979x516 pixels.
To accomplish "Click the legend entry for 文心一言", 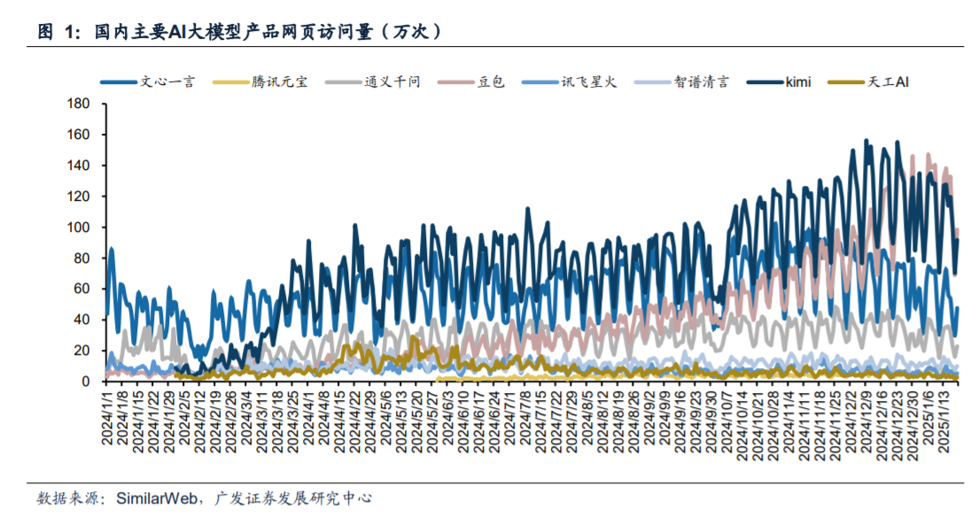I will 167,82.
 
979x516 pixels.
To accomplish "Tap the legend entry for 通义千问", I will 392,82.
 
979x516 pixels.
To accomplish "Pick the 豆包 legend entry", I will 491,82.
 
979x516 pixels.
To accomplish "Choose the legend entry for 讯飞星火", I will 588,82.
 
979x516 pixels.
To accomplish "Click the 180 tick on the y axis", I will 80,104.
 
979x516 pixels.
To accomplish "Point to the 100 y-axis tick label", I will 80,227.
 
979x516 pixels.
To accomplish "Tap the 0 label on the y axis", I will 87,381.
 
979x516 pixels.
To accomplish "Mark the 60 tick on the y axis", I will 83,289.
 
